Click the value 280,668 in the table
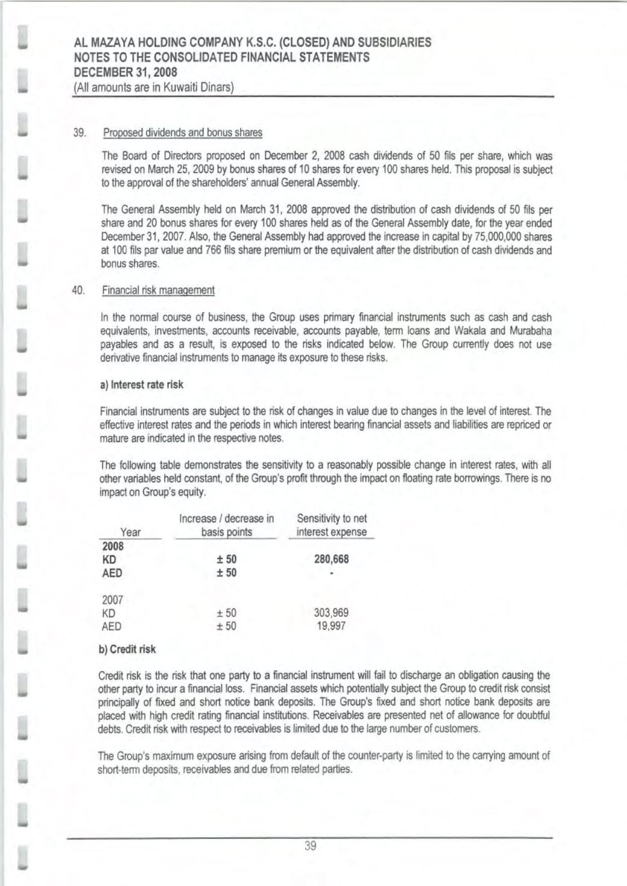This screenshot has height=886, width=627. click(332, 559)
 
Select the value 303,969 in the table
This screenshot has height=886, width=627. click(332, 613)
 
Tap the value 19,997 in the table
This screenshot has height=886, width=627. click(332, 626)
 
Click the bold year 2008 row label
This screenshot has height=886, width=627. click(113, 546)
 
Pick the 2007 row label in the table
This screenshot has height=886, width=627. click(113, 600)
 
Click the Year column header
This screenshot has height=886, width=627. click(131, 532)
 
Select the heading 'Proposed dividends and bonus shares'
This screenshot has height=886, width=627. click(183, 133)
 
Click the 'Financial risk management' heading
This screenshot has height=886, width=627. click(158, 290)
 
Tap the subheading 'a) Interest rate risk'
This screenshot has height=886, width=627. click(141, 385)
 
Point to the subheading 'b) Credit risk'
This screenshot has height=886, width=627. click(127, 649)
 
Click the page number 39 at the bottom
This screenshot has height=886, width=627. click(310, 846)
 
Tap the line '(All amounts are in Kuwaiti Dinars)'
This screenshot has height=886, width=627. click(153, 87)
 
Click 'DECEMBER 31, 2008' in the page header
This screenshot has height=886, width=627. click(125, 72)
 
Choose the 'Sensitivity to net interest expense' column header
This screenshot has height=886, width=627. click(332, 525)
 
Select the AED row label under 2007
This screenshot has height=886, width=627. click(112, 626)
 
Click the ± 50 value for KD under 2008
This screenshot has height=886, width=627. click(226, 559)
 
